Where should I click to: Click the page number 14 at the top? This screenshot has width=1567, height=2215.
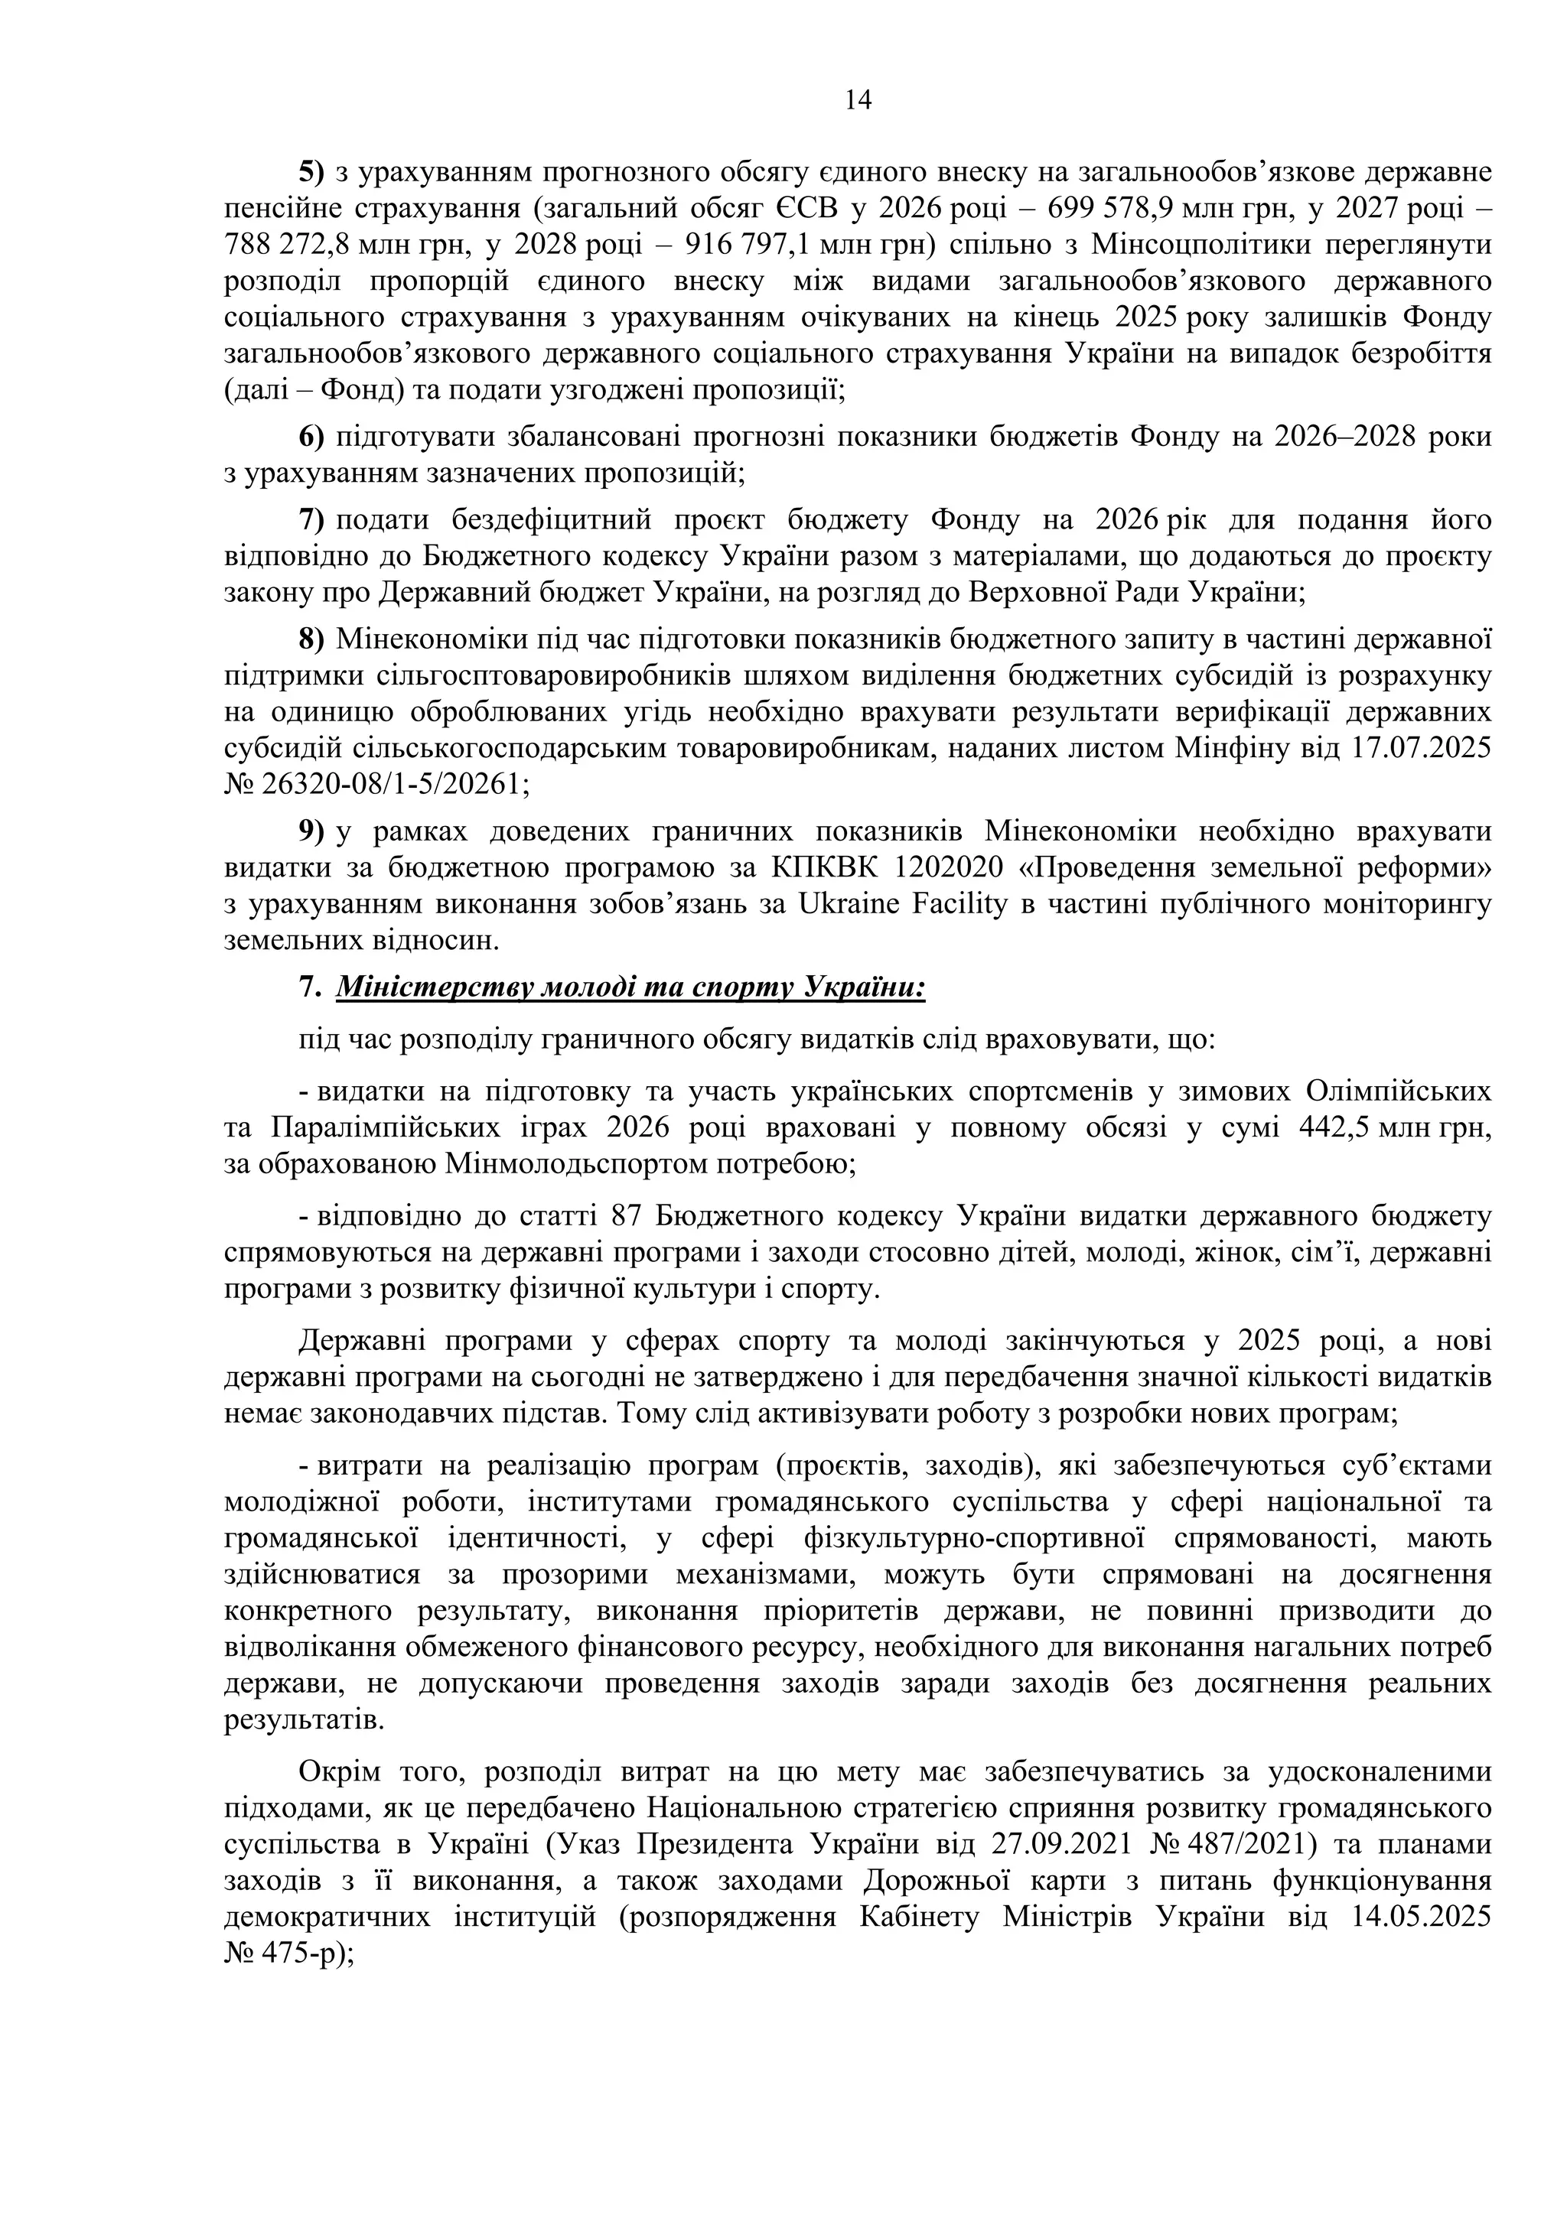(x=858, y=99)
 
